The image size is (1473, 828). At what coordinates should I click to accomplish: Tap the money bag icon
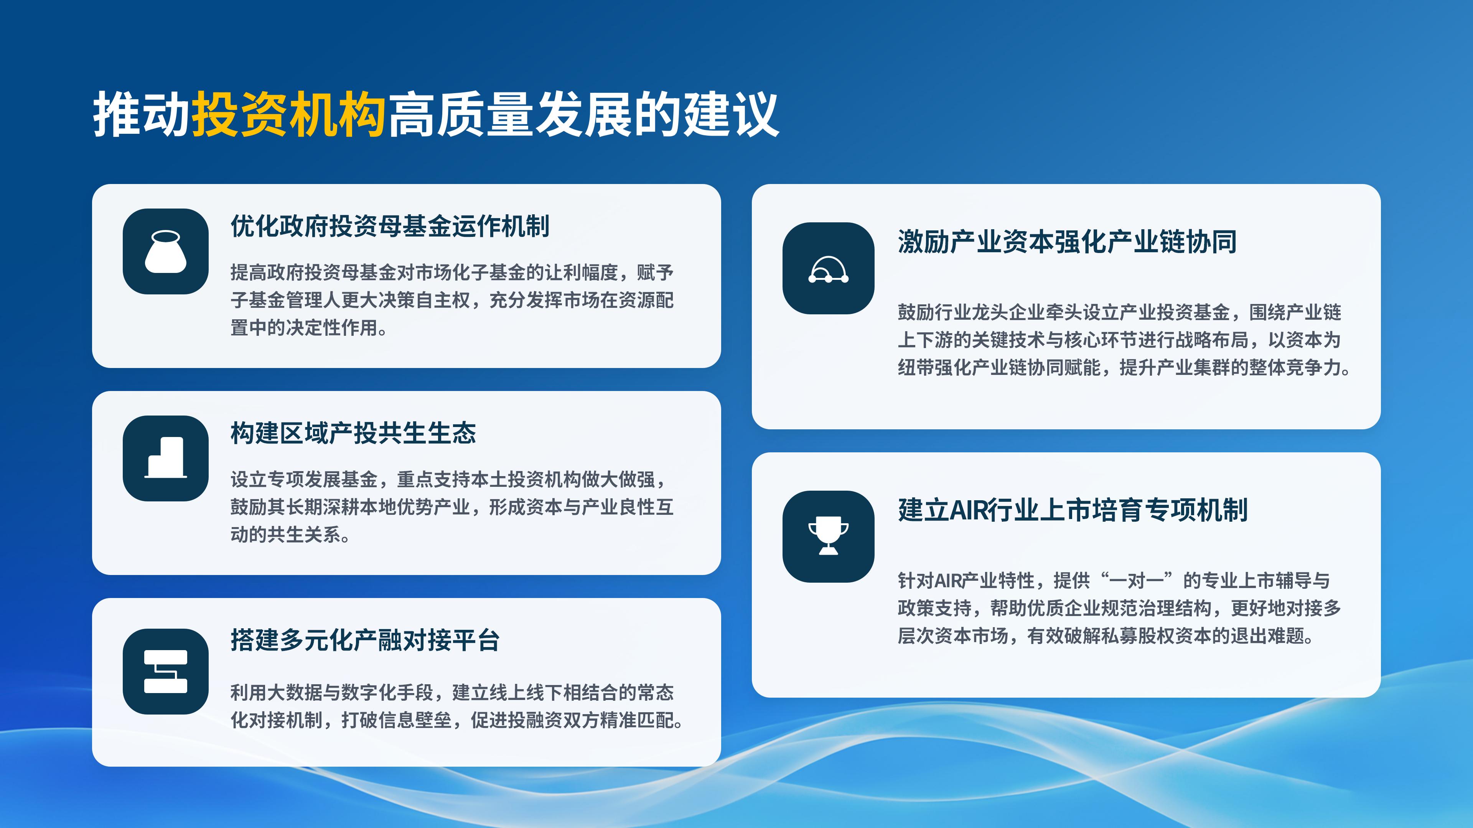pos(165,251)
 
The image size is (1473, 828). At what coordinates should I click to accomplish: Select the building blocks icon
pos(165,458)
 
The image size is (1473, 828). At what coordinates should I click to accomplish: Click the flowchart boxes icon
pos(165,672)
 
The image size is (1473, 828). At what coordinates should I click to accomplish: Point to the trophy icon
pos(828,536)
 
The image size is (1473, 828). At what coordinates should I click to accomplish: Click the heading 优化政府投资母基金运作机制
pos(390,226)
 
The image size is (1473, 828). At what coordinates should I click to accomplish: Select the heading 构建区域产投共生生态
pos(353,433)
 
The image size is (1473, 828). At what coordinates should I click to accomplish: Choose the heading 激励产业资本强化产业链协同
pos(1067,242)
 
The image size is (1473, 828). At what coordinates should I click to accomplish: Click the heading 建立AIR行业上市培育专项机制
pos(1073,510)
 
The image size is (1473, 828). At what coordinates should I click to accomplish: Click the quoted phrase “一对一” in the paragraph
pos(1135,581)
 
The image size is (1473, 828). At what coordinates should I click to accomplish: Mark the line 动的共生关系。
pos(291,535)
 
